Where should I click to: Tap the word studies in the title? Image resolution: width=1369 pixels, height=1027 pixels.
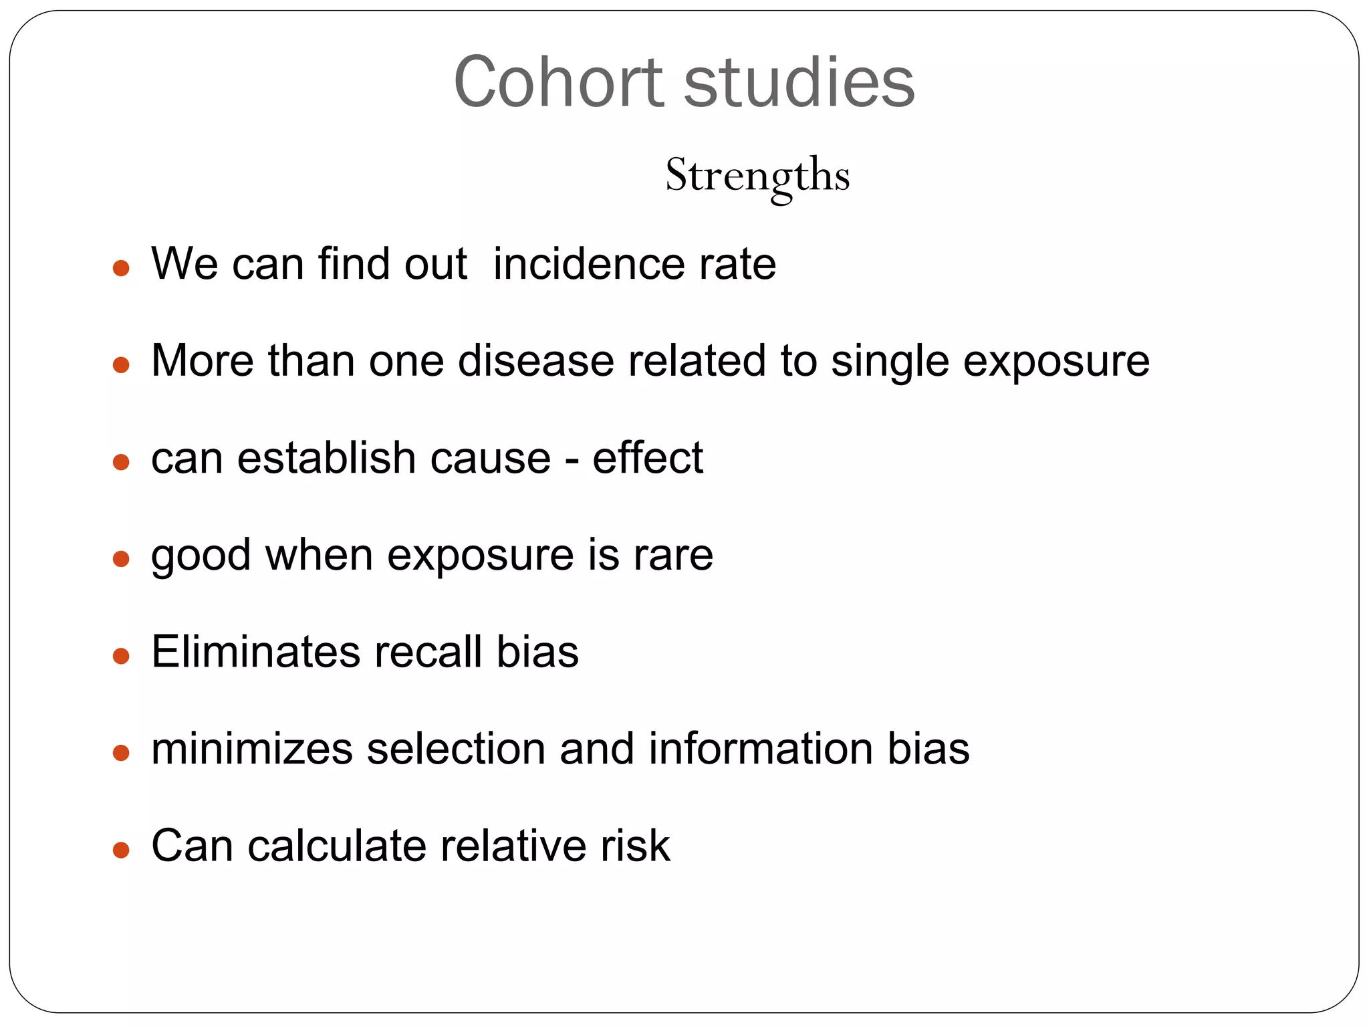tap(799, 82)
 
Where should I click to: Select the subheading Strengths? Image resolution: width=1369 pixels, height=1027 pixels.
tap(757, 175)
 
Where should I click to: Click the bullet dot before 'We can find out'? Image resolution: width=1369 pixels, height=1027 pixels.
tap(121, 269)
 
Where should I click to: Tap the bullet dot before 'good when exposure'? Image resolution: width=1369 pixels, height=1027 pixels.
tap(121, 559)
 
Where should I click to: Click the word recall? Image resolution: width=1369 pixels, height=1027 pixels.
tap(428, 652)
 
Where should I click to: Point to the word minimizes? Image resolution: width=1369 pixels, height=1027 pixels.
tap(251, 749)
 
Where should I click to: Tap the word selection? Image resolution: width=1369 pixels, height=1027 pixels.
tap(456, 749)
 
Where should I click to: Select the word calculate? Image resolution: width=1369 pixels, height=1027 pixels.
tap(336, 846)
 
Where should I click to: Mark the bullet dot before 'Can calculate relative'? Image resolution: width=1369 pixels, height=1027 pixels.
tap(121, 850)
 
